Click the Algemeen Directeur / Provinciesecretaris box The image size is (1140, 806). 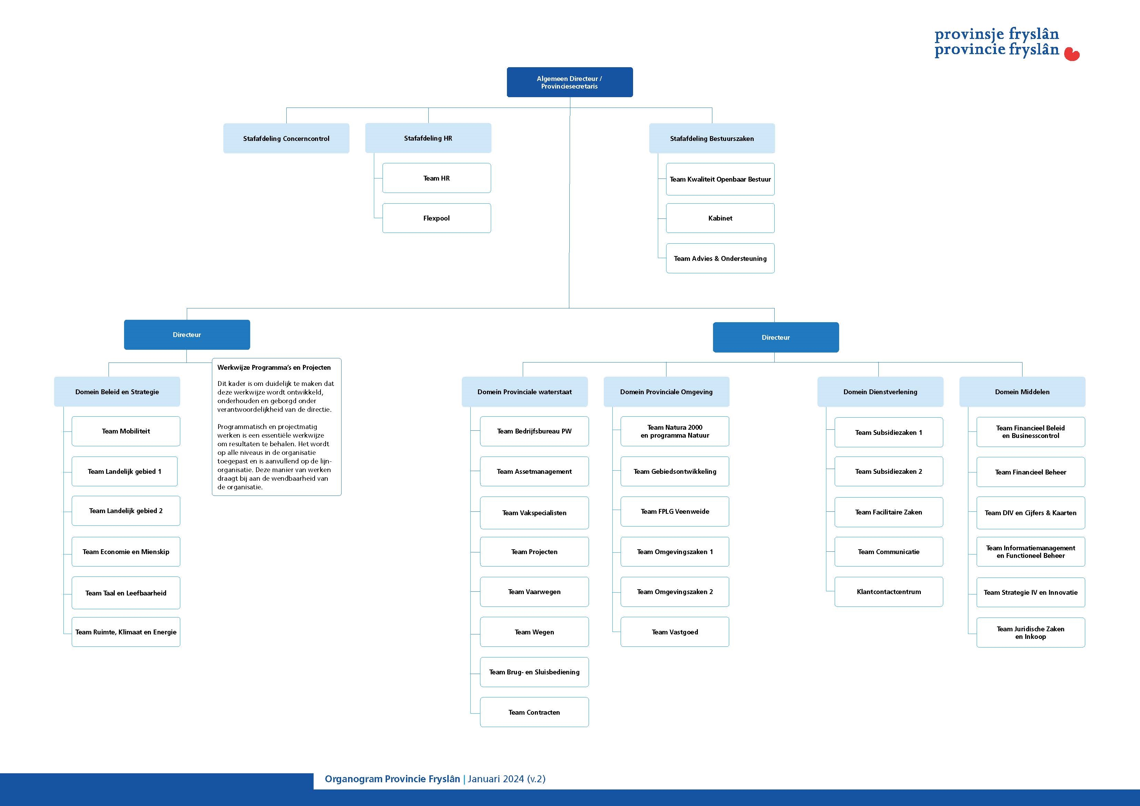[570, 82]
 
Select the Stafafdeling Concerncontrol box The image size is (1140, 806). [286, 138]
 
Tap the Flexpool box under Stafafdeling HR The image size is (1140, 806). [436, 218]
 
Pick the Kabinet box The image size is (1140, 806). [720, 218]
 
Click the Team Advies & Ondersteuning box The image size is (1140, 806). [720, 258]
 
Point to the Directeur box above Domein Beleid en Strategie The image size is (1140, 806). [187, 335]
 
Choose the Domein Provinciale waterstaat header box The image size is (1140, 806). [524, 392]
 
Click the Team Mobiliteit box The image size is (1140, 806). [126, 431]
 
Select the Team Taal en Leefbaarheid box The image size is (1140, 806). [126, 593]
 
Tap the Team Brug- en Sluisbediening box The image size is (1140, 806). [534, 672]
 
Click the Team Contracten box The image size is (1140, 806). [534, 712]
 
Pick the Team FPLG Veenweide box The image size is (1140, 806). [675, 511]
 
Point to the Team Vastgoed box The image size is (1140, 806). [675, 632]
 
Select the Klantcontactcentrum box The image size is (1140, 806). [889, 591]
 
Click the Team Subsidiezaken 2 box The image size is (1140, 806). [889, 471]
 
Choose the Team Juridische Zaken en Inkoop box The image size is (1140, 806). [1031, 632]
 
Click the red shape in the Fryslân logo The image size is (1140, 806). [1072, 54]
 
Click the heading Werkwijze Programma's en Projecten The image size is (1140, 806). [274, 367]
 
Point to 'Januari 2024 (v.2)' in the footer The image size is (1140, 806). [507, 779]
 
